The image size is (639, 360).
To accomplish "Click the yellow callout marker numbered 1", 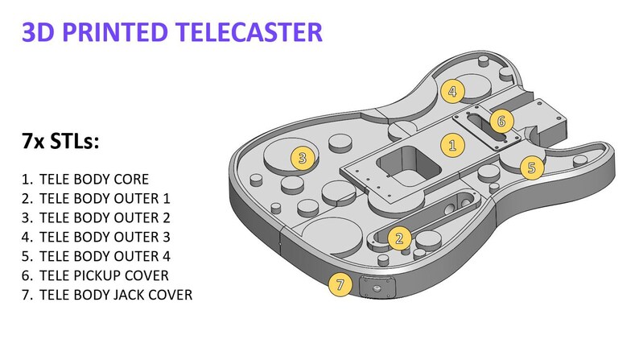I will pyautogui.click(x=452, y=146).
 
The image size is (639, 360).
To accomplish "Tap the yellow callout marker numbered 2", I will pyautogui.click(x=398, y=238).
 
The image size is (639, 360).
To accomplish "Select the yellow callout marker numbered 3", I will pyautogui.click(x=302, y=158).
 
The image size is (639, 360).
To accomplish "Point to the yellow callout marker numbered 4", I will pyautogui.click(x=452, y=92).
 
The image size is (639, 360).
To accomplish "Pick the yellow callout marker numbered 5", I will pyautogui.click(x=532, y=168).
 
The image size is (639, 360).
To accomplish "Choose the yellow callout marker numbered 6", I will pyautogui.click(x=501, y=122).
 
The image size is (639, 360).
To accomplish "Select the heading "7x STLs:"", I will pyautogui.click(x=60, y=143).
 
